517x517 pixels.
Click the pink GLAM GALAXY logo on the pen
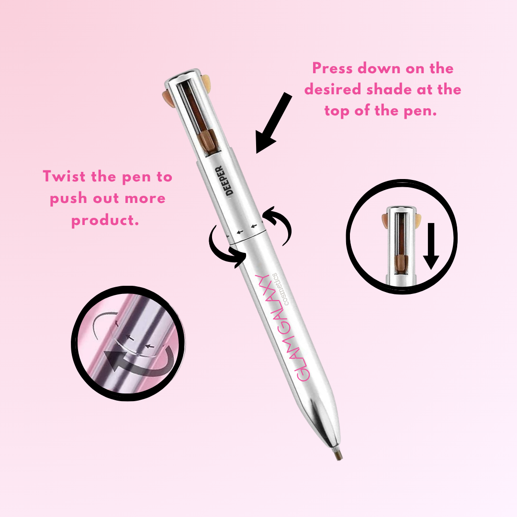point(283,327)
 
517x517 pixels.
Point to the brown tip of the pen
point(338,456)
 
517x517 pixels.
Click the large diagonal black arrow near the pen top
point(273,123)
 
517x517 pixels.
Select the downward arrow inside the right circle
point(431,246)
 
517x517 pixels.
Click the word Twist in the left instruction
point(64,176)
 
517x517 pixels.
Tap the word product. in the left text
point(105,220)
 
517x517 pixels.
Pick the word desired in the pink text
point(332,90)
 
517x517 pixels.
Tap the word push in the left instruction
point(68,199)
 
